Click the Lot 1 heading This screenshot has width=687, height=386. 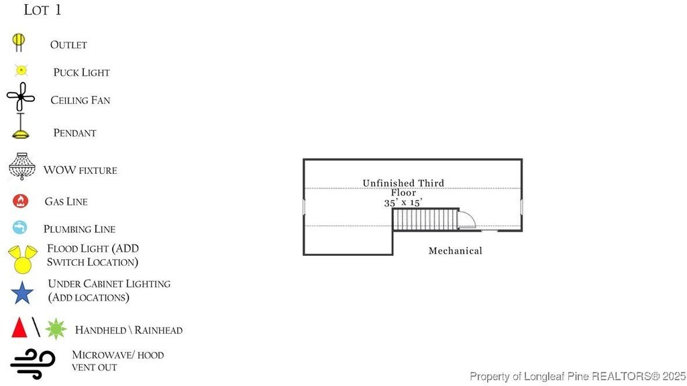pos(42,10)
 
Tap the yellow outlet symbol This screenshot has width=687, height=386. pos(19,42)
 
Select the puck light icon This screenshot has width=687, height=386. pos(21,70)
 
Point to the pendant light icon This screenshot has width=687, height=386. pos(21,128)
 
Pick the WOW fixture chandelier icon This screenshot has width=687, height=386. pos(22,166)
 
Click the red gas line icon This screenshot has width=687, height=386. pos(21,201)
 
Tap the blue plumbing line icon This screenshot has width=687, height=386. pos(19,228)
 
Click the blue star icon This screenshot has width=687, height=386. pos(22,293)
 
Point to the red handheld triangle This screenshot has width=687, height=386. pos(19,328)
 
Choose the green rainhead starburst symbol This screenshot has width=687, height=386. pos(56,328)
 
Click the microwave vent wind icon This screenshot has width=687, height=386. pos(32,361)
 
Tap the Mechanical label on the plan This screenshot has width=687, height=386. pos(455,251)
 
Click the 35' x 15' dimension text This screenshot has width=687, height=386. pos(403,202)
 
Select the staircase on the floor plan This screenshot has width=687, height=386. pos(425,219)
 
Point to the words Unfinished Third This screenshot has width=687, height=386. pos(403,183)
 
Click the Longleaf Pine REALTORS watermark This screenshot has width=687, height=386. pos(576,376)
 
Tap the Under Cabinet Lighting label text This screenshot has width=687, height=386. pos(109,290)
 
